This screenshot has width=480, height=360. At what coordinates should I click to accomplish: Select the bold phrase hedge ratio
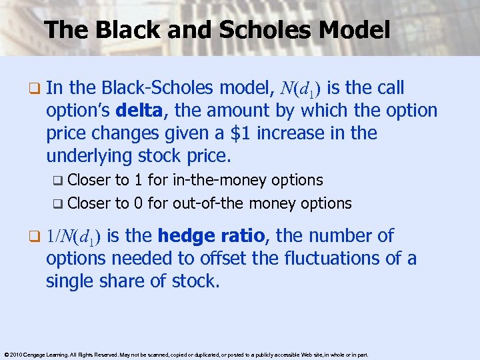[x=213, y=235]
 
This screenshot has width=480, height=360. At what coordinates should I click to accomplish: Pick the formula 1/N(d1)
[x=73, y=237]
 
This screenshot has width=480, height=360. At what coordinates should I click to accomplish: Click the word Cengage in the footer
[x=33, y=355]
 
